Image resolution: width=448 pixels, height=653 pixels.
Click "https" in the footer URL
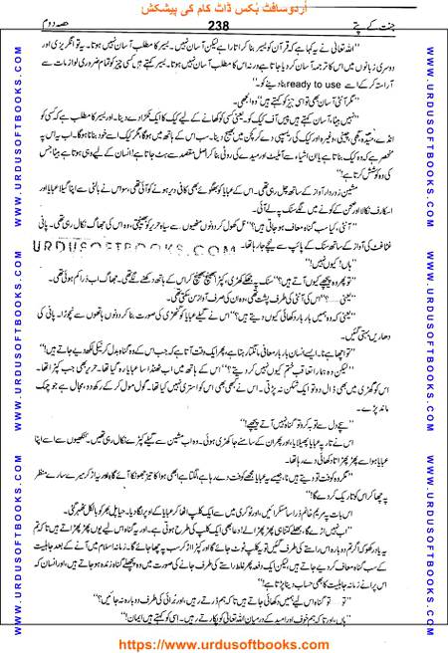tap(136, 643)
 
